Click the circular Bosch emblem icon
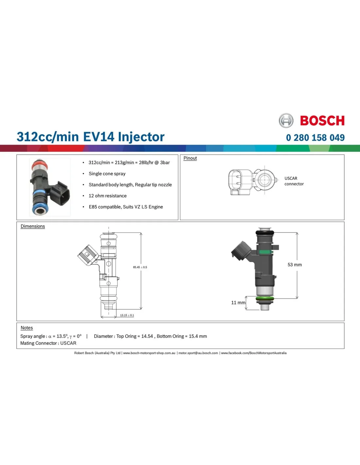pyautogui.click(x=286, y=120)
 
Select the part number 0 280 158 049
pyautogui.click(x=315, y=137)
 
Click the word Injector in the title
pyautogui.click(x=141, y=137)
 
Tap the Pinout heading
pyautogui.click(x=190, y=158)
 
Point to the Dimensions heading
pyautogui.click(x=33, y=226)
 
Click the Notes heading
pyautogui.click(x=27, y=328)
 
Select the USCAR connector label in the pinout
pyautogui.click(x=294, y=181)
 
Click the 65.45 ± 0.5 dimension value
pyautogui.click(x=140, y=267)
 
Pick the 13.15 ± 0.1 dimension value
pyautogui.click(x=127, y=315)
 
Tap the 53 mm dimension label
pyautogui.click(x=295, y=265)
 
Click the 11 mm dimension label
pyautogui.click(x=238, y=302)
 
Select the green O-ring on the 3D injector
pyautogui.click(x=265, y=299)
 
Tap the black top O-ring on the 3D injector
pyautogui.click(x=265, y=232)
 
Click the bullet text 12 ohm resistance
pyautogui.click(x=107, y=196)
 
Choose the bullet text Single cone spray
pyautogui.click(x=107, y=174)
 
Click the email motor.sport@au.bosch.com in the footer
pyautogui.click(x=198, y=353)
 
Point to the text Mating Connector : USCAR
pyautogui.click(x=48, y=343)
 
